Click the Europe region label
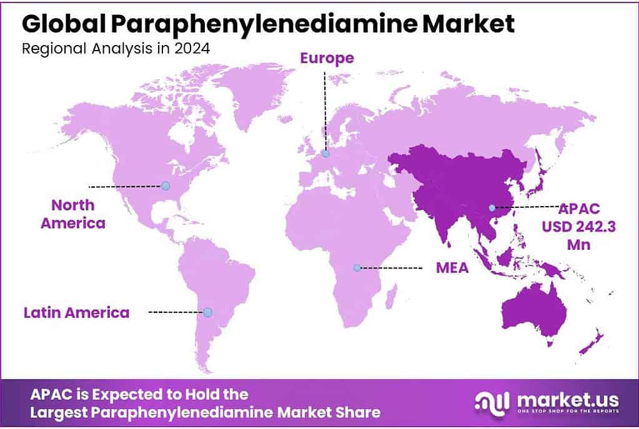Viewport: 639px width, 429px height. click(x=327, y=58)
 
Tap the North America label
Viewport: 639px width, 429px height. click(x=73, y=214)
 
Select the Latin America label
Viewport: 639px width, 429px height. click(x=76, y=312)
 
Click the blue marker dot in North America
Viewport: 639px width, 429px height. click(x=165, y=185)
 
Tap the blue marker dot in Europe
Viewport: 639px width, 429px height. click(x=325, y=153)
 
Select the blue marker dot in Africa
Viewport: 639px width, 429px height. click(x=357, y=267)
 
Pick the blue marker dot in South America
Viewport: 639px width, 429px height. click(x=207, y=312)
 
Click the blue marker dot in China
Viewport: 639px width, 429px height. click(x=492, y=207)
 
